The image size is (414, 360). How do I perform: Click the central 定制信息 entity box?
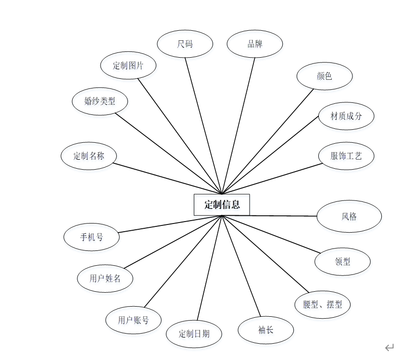click(x=222, y=205)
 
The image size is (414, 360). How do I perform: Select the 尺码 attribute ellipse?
click(x=185, y=44)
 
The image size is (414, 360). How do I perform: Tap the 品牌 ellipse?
click(x=255, y=44)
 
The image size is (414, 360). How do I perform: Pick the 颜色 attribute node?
click(x=325, y=76)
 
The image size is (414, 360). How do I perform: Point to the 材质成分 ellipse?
click(x=346, y=116)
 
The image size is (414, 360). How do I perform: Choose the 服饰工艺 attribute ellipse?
click(x=346, y=156)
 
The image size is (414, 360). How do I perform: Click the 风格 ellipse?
click(x=349, y=216)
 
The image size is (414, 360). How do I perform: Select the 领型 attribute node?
click(x=342, y=262)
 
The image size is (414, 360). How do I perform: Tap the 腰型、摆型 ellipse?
click(x=323, y=304)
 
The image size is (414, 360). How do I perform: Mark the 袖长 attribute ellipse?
click(x=265, y=330)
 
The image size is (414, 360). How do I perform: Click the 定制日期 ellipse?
click(x=194, y=334)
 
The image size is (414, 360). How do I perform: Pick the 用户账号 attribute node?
click(x=133, y=320)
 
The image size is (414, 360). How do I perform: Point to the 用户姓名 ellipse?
click(x=105, y=278)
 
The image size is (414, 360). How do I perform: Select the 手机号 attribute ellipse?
click(x=91, y=237)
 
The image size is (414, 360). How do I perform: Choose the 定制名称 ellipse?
click(x=89, y=156)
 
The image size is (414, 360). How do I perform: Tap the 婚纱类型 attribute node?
click(x=100, y=101)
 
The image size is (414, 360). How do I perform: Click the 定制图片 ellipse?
click(x=128, y=65)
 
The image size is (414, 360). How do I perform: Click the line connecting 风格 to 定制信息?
click(x=279, y=216)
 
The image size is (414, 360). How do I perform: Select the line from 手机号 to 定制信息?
click(x=168, y=224)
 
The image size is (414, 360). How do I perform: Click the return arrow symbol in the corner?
click(x=389, y=347)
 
